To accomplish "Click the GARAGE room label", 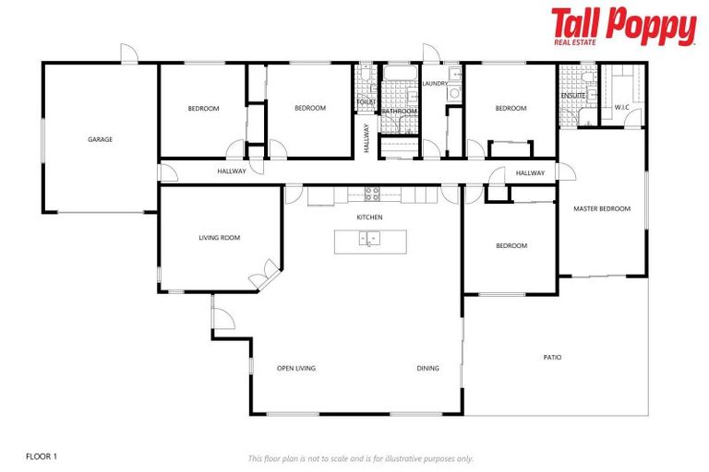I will pos(100,140).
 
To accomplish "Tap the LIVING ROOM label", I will pos(219,238).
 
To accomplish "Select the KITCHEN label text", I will pos(369,218).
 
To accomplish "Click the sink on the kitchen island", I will pos(369,241).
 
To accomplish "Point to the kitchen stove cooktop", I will pos(372,194).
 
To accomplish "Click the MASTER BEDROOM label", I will pos(601,209).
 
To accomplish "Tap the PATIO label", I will pos(552,358).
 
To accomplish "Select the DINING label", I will pos(427,369).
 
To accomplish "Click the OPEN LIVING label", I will pos(296,369).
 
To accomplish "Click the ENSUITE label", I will pos(573,96).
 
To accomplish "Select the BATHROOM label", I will pos(400,112).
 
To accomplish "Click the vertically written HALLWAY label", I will pos(367,137).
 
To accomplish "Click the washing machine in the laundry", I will pos(453,93).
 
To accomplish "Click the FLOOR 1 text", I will pos(42,456).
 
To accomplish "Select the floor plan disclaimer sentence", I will pos(360,458).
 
